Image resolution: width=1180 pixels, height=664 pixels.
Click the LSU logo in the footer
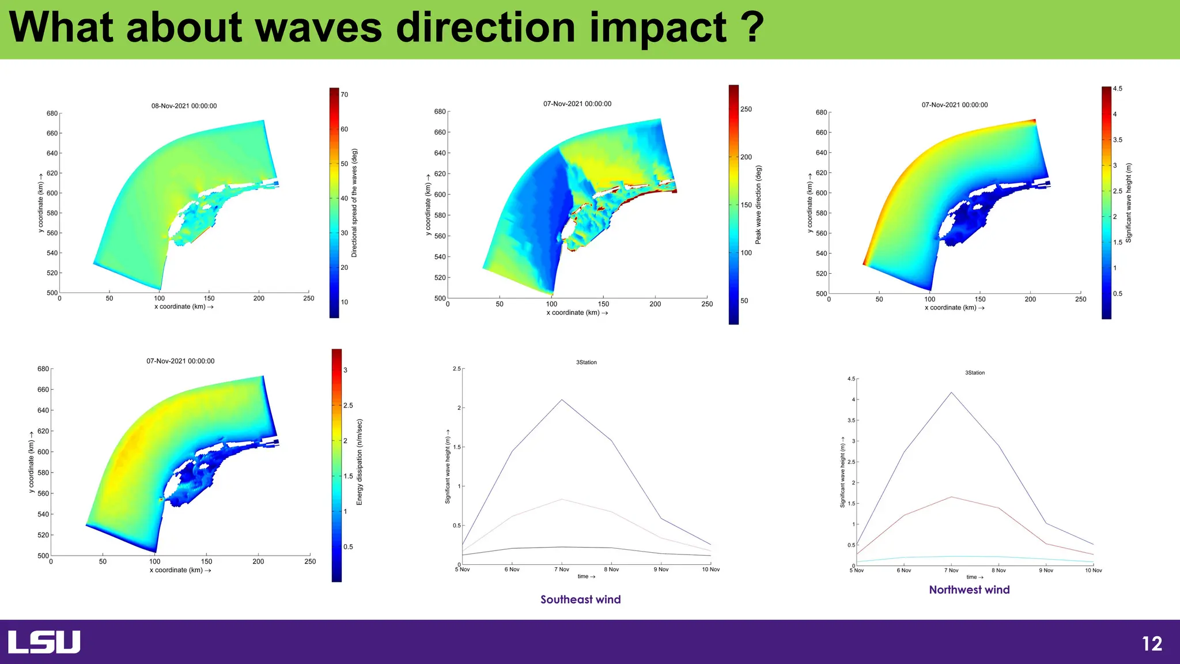point(44,642)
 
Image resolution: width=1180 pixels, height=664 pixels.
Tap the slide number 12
point(1152,644)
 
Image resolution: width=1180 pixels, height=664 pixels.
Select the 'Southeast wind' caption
point(580,599)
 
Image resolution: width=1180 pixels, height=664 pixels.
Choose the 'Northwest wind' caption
point(969,590)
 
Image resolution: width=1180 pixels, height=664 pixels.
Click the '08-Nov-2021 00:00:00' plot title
point(184,106)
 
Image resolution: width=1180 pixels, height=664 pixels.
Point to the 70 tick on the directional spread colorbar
point(344,95)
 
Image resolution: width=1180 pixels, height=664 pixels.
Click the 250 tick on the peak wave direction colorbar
point(746,109)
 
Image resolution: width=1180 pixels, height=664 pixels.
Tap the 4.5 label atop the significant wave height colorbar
point(1117,89)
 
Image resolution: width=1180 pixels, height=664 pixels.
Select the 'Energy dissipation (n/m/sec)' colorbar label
point(360,462)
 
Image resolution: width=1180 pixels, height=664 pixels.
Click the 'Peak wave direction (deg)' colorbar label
point(758,205)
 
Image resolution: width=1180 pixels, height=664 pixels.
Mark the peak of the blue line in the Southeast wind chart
point(562,399)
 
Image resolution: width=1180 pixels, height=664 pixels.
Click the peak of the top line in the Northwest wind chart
point(951,393)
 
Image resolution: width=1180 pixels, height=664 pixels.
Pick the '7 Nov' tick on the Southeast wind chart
point(562,569)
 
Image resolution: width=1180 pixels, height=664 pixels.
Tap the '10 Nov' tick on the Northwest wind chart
point(1093,571)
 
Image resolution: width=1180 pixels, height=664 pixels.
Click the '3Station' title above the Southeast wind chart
point(586,363)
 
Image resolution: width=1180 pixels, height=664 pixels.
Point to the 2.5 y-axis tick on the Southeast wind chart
point(456,369)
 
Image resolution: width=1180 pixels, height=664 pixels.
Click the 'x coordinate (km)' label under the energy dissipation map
point(180,570)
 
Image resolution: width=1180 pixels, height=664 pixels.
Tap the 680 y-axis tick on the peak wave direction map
point(440,111)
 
